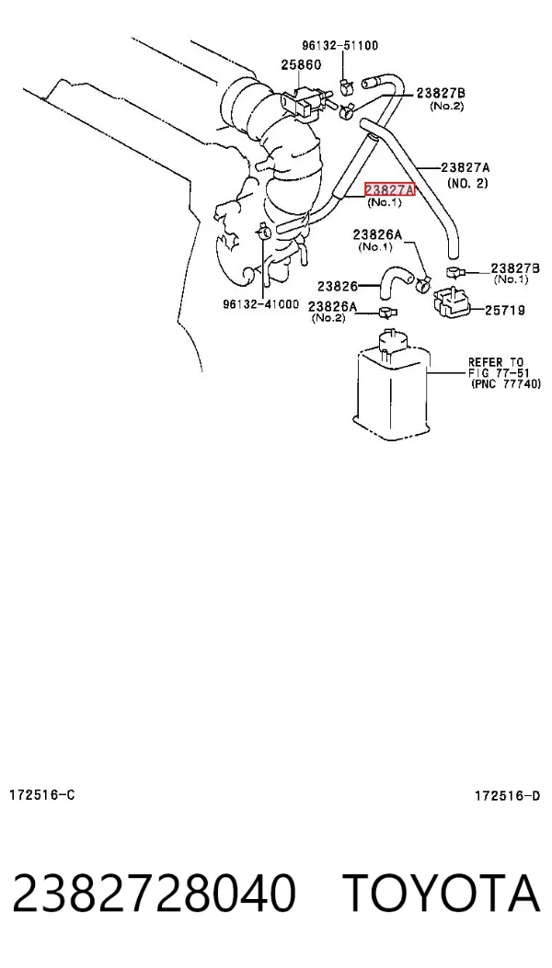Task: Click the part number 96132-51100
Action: [340, 46]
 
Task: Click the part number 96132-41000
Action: [261, 304]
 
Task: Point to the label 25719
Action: [504, 311]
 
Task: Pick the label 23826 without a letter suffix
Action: [338, 287]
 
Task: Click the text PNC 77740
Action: [506, 384]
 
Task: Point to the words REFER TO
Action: [495, 362]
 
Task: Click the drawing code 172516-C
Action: [42, 794]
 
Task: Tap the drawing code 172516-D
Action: [507, 796]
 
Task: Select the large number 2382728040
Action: [154, 894]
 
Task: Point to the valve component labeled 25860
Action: [305, 100]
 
